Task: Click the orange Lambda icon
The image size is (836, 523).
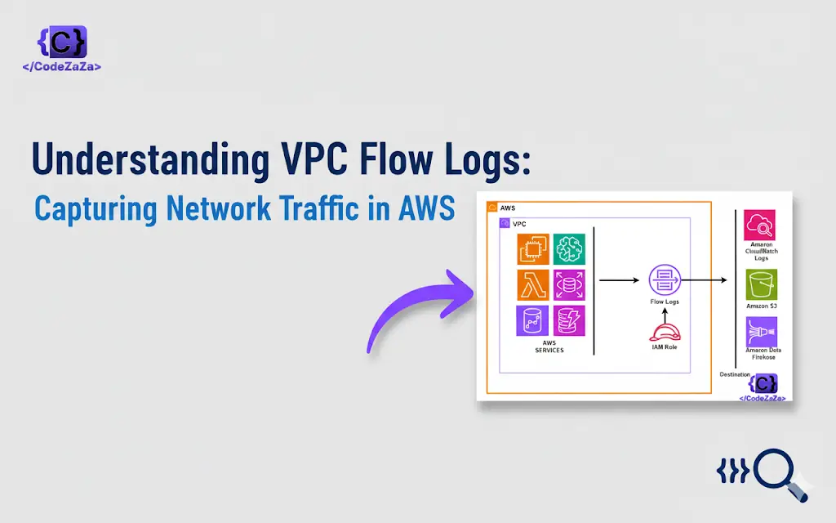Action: [x=532, y=284]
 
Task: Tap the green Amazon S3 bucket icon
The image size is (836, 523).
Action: [x=762, y=284]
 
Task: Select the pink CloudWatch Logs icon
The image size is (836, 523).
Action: [x=760, y=225]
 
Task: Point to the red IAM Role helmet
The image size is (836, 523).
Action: [x=664, y=332]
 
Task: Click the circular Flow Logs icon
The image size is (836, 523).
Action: [x=664, y=280]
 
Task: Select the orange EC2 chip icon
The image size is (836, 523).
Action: [x=532, y=248]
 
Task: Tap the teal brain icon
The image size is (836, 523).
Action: [x=569, y=248]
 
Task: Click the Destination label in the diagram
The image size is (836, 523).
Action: [x=735, y=373]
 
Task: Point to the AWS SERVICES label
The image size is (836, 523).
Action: [x=549, y=347]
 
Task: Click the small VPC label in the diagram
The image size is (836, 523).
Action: [x=518, y=223]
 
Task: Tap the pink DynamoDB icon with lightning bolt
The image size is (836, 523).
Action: [x=569, y=321]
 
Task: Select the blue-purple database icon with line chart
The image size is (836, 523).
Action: [x=532, y=321]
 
